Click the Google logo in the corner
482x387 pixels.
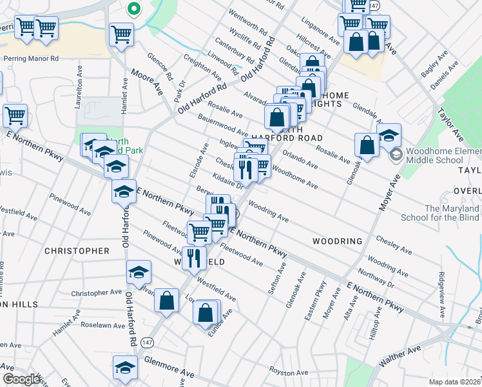(x=22, y=379)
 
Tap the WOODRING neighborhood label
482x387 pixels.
(x=338, y=241)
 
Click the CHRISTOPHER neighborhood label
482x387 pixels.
(x=77, y=250)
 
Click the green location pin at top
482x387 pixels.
(x=133, y=9)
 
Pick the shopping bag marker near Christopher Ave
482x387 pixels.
(x=166, y=300)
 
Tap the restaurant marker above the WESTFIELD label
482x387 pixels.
(x=194, y=258)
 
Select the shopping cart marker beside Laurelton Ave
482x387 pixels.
(x=14, y=116)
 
